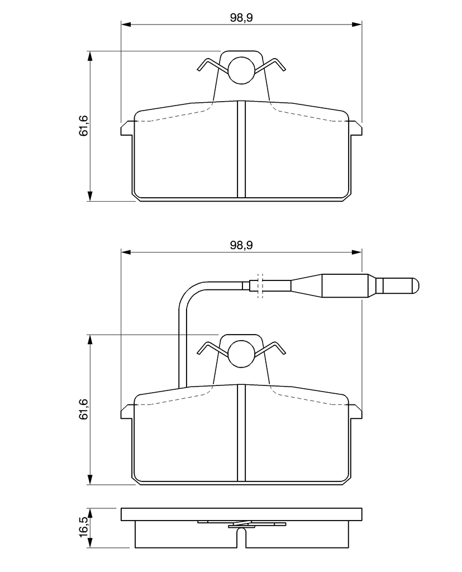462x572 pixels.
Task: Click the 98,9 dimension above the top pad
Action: (241, 17)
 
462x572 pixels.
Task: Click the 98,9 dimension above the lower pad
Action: (241, 245)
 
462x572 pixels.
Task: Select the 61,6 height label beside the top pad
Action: (84, 126)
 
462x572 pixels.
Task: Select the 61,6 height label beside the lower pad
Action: (84, 409)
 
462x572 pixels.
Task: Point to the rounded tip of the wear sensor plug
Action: (416, 285)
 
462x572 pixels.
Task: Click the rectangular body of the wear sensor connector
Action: (345, 285)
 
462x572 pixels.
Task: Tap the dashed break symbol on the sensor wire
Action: (260, 285)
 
